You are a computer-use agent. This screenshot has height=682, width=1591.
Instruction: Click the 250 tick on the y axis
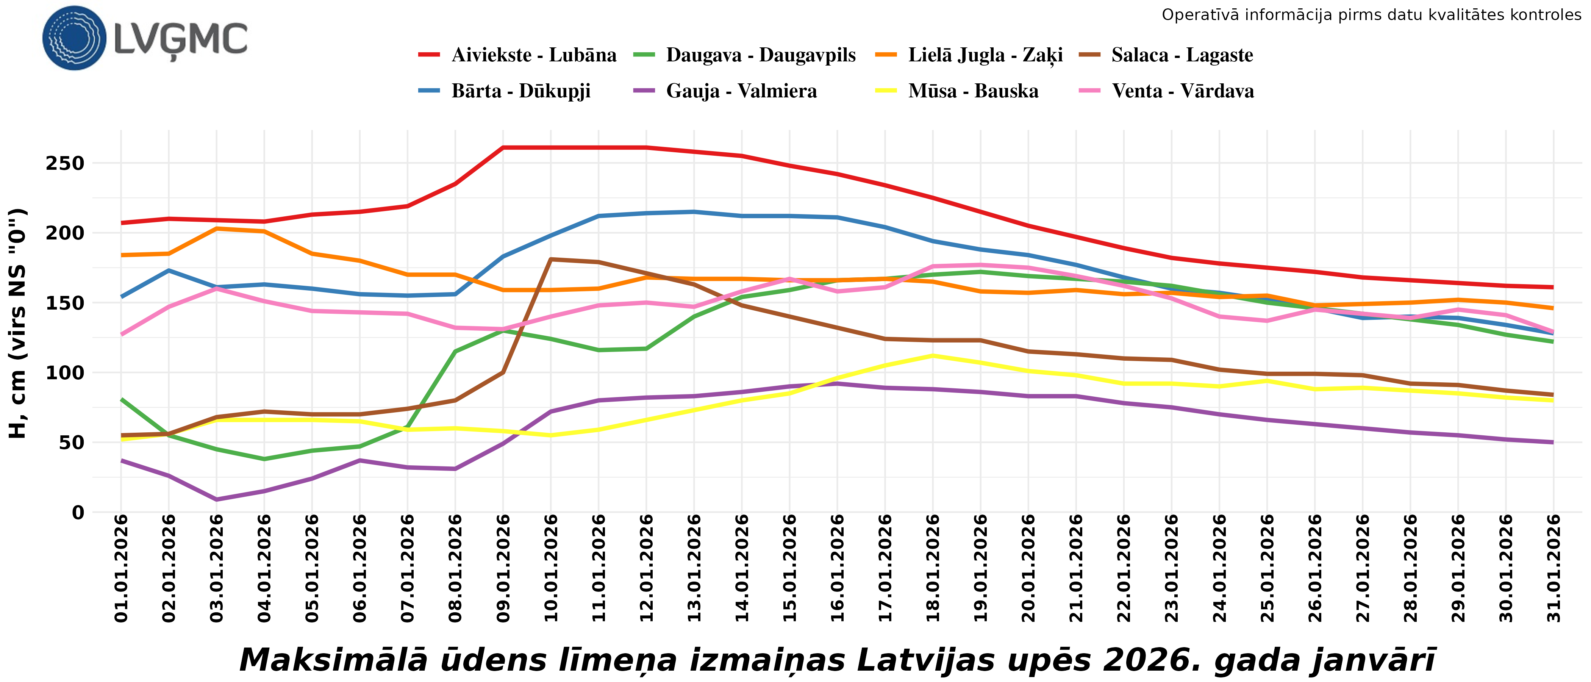pos(65,164)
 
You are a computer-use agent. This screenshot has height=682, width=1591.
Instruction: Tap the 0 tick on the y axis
pos(78,513)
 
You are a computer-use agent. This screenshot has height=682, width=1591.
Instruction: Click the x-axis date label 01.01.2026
pos(122,568)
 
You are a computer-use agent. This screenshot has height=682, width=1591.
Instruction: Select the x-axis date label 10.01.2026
pos(551,568)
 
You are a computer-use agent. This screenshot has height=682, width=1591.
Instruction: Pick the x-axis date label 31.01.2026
pos(1553,568)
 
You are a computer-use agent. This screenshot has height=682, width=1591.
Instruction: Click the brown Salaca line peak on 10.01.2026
pos(551,260)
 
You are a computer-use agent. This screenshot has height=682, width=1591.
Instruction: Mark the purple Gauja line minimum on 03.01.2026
pos(217,499)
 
